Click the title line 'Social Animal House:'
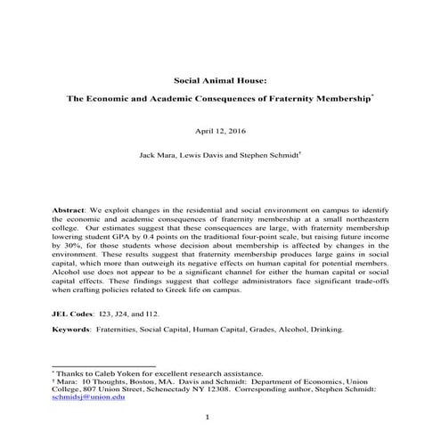pyautogui.click(x=220, y=78)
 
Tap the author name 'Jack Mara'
pyautogui.click(x=158, y=153)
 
